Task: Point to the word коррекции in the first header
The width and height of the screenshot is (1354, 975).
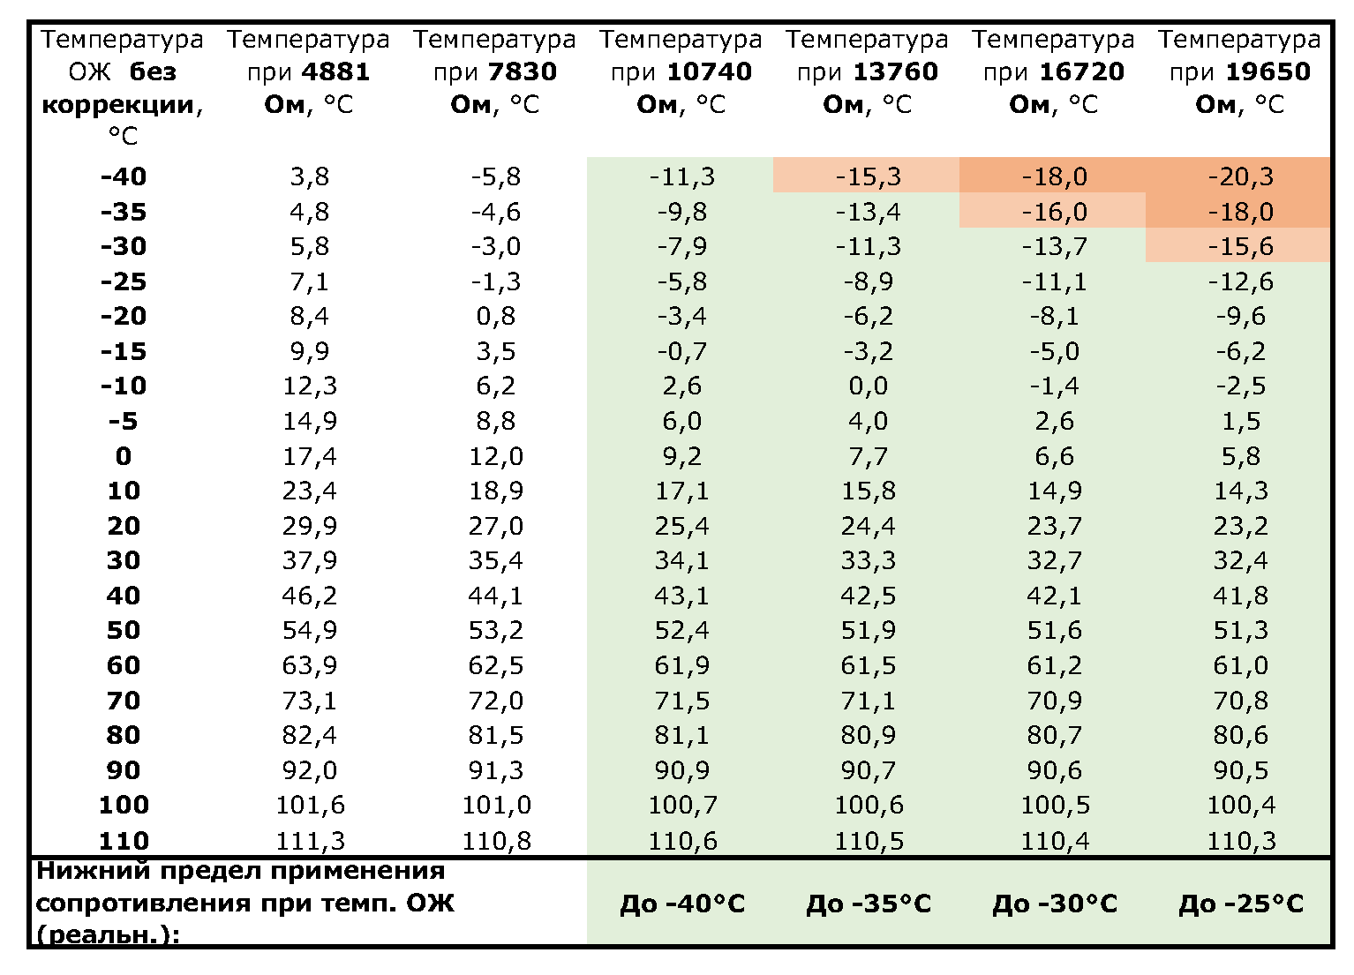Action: [117, 104]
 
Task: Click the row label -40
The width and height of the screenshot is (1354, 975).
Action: [123, 176]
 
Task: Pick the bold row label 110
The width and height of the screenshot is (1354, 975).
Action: [123, 840]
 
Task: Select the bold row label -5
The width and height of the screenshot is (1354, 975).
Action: [123, 421]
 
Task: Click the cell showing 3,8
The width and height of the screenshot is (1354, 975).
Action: [309, 176]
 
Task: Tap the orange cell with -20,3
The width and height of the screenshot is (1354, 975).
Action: [1240, 176]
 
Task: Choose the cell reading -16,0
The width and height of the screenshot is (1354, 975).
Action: [1054, 212]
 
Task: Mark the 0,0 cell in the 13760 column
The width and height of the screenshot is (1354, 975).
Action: [868, 386]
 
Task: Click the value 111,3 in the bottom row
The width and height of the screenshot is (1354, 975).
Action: [309, 840]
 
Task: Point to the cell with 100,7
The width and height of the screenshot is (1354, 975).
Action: [682, 805]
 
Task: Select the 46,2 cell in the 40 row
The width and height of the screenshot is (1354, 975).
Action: [309, 596]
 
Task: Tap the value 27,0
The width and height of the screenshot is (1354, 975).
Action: [495, 526]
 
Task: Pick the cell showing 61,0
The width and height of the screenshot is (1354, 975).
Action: [1240, 665]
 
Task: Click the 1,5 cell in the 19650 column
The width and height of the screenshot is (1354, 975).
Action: [1240, 421]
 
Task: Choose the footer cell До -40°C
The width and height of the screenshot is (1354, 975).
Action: [682, 904]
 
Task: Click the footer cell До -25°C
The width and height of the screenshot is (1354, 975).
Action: [1240, 904]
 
